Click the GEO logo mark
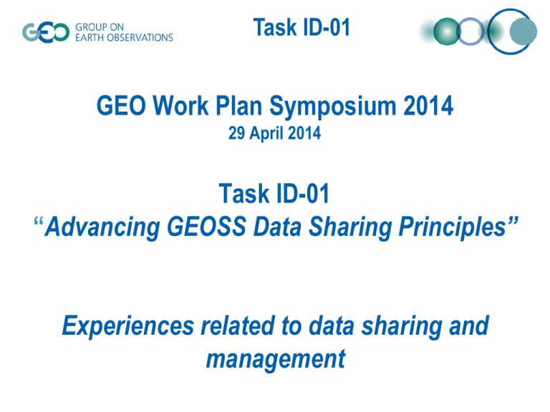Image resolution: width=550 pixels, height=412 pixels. click(46, 33)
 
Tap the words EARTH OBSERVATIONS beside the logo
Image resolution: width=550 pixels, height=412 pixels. click(124, 37)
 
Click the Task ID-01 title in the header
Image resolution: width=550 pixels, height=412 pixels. click(301, 27)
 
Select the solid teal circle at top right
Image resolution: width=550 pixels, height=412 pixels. click(523, 31)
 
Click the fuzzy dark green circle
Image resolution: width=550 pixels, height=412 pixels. click(447, 31)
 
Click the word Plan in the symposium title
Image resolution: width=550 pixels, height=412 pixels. click(238, 105)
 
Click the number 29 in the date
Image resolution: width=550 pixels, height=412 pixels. click(236, 134)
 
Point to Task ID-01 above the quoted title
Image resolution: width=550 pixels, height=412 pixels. click(274, 193)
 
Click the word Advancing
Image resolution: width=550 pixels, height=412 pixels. click(102, 227)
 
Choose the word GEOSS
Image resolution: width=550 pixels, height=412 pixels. click(206, 226)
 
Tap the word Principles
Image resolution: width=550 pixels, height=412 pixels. click(453, 227)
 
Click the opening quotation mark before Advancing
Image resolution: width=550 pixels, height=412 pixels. click(39, 222)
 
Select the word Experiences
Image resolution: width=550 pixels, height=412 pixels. click(128, 326)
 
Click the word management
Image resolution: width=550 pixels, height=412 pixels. click(276, 360)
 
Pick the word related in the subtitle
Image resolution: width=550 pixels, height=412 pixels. click(238, 325)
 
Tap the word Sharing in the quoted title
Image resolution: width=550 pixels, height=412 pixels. click(350, 227)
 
